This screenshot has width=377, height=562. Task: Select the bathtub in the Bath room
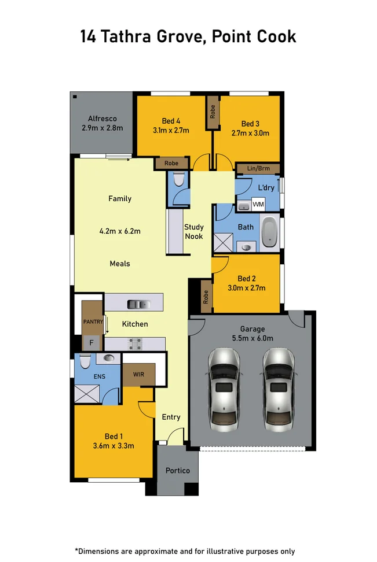[x=269, y=232]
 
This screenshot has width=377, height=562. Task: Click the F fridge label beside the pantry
[x=90, y=343]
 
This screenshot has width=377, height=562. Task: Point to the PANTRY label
[x=93, y=321]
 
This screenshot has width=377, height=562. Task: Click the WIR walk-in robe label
[x=138, y=374]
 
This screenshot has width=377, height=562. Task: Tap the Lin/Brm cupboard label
[x=258, y=168]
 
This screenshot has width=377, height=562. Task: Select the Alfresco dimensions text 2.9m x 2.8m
[x=102, y=128]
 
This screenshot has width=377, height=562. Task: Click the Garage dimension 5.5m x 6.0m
[x=252, y=338]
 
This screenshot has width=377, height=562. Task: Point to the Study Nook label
[x=193, y=231]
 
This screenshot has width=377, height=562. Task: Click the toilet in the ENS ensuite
[x=84, y=362]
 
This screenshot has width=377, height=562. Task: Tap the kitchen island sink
[x=138, y=302]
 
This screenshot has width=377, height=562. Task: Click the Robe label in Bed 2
[x=206, y=297]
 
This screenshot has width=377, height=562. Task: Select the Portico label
[x=177, y=470]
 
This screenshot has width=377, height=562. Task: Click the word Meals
[x=120, y=264]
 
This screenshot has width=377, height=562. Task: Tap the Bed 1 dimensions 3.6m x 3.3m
[x=114, y=446]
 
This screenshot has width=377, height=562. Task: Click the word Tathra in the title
[x=126, y=36]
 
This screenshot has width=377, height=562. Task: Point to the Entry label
[x=171, y=417]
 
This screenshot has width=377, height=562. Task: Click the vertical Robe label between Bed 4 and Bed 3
[x=213, y=112]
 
